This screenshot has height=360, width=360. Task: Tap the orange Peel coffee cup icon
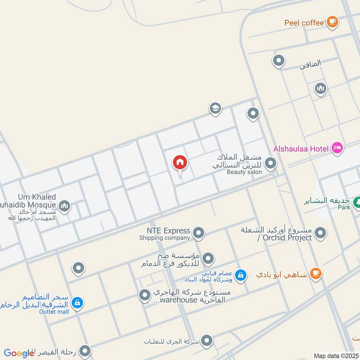tap(332, 22)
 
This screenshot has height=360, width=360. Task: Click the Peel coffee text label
tap(304, 22)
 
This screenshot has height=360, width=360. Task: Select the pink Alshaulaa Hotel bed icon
tap(337, 148)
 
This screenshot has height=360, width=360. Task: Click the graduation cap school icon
tap(215, 108)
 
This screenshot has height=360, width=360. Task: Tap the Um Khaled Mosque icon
tap(65, 206)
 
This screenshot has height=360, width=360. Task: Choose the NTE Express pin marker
tap(198, 233)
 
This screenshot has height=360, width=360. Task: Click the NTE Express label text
tap(165, 231)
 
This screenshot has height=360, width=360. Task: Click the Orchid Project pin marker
tap(320, 233)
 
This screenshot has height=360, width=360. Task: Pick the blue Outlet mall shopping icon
tap(77, 303)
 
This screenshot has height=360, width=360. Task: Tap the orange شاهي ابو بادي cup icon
tap(316, 274)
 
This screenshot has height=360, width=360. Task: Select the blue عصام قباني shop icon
tap(241, 274)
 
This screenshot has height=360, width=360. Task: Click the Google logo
tap(19, 353)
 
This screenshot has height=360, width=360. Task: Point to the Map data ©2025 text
tap(335, 356)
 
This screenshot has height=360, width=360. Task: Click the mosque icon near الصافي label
tap(320, 88)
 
